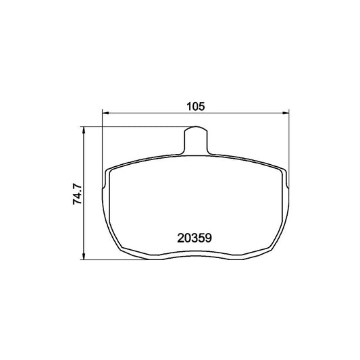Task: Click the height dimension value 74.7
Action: (x=78, y=192)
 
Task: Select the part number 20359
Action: (x=195, y=237)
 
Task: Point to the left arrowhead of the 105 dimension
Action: (x=105, y=113)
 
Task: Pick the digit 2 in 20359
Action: (x=180, y=237)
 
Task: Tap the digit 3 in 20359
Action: (x=195, y=237)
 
